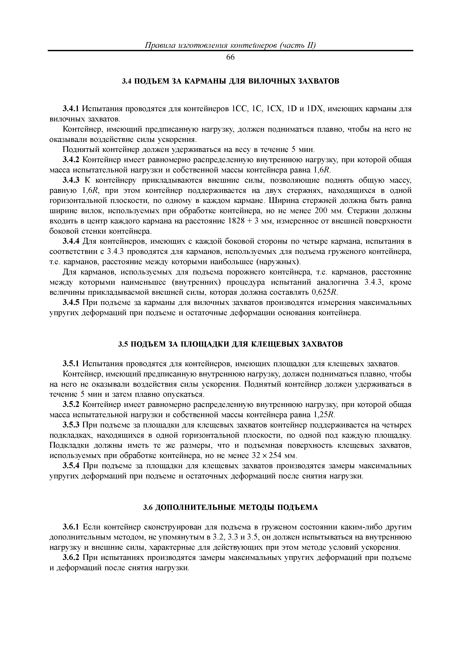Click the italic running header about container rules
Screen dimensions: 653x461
pyautogui.click(x=230, y=45)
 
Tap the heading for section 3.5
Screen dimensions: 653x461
pyautogui.click(x=230, y=344)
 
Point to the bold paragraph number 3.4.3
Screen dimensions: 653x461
pyautogui.click(x=72, y=180)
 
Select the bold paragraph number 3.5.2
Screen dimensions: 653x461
pyautogui.click(x=72, y=404)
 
